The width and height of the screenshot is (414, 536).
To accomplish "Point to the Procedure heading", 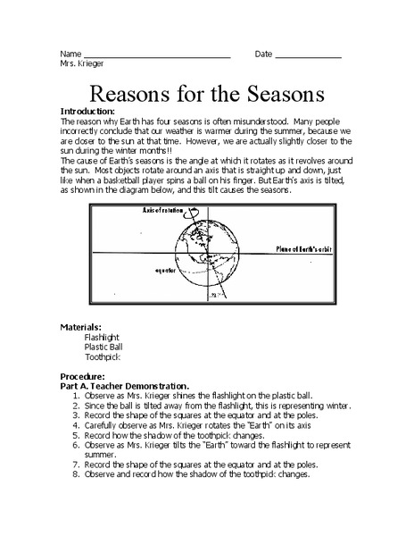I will pos(82,377).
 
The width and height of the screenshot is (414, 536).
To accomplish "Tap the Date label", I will pos(263,54).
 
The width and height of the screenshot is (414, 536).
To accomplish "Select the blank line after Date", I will pos(308,56).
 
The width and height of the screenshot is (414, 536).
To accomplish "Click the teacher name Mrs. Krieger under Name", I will pos(81,64).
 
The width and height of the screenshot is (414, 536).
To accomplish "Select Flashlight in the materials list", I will pos(101,339).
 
